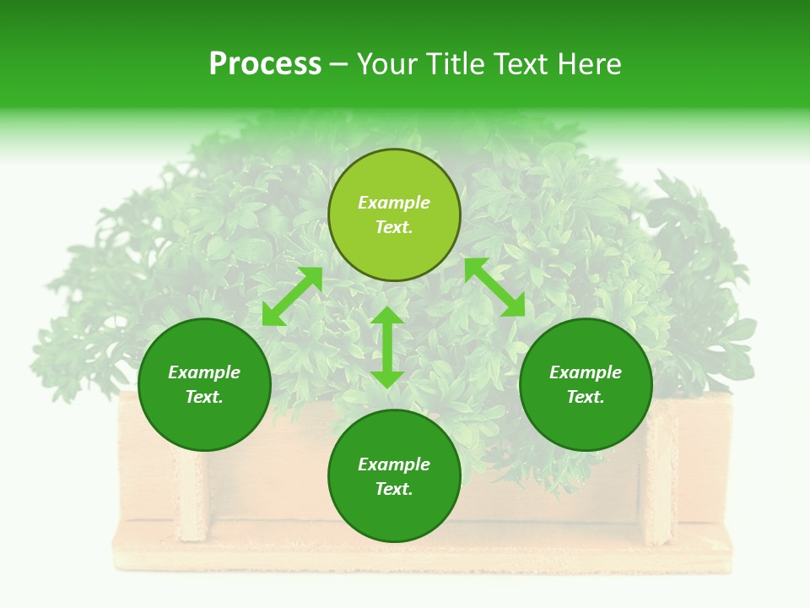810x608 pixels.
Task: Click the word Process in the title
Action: [265, 63]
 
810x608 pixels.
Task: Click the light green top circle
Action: [394, 177]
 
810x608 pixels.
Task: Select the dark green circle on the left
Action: [204, 422]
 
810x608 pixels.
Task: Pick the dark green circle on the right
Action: [586, 422]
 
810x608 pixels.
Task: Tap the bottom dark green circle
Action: [394, 515]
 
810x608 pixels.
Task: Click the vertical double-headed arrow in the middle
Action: [387, 347]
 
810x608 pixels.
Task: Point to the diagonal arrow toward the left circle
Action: [292, 296]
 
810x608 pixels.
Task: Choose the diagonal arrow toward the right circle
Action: [494, 287]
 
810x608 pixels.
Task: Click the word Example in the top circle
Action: [394, 203]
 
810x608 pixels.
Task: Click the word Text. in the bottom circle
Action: [394, 489]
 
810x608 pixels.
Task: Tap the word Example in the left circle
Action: [204, 372]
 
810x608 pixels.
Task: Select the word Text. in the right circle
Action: [586, 397]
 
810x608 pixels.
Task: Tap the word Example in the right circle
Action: [586, 372]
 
